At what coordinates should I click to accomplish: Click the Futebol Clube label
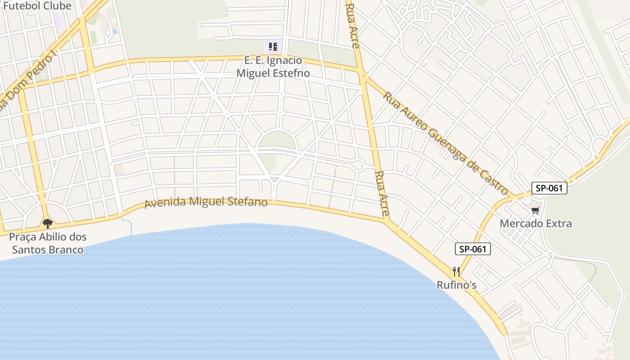tap(37, 6)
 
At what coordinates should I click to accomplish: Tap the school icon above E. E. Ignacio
tap(273, 46)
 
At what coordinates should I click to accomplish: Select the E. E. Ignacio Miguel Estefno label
tap(273, 67)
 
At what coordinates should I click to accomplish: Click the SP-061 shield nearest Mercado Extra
tap(549, 188)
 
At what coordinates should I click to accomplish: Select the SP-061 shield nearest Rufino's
tap(472, 249)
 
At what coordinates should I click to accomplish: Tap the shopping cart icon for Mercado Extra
tap(535, 211)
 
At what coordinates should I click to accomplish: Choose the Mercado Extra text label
tap(535, 223)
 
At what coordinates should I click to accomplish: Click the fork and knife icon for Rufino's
tap(456, 271)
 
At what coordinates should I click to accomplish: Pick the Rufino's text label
tap(456, 285)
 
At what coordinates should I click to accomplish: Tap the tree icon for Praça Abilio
tap(47, 223)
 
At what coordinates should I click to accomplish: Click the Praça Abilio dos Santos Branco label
tap(48, 243)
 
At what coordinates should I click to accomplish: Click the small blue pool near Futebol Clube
tap(115, 31)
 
